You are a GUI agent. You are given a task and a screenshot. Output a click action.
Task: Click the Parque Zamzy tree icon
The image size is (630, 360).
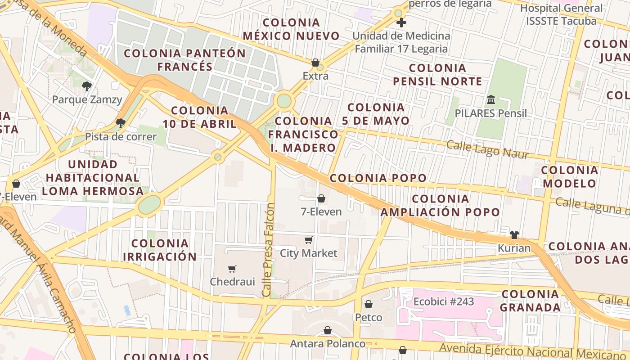pyautogui.click(x=86, y=85)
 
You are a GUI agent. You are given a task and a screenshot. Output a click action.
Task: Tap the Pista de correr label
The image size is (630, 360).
pyautogui.click(x=121, y=137)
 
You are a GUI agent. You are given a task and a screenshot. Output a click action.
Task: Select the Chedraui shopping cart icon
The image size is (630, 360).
pyautogui.click(x=232, y=269)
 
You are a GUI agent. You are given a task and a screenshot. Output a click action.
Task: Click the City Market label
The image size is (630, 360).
pyautogui.click(x=308, y=253)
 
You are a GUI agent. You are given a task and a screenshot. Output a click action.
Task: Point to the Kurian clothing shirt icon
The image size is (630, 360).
pyautogui.click(x=514, y=234)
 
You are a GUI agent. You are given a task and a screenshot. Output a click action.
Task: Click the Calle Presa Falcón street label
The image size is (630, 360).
pyautogui.click(x=269, y=250)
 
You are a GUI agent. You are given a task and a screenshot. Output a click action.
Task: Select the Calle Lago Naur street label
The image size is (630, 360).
pyautogui.click(x=487, y=149)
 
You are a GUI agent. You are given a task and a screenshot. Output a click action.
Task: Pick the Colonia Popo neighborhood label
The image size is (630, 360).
pyautogui.click(x=378, y=178)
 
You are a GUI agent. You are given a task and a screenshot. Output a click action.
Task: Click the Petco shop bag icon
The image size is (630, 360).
pyautogui.click(x=369, y=304)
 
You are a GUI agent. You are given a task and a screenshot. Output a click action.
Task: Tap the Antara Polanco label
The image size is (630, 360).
pyautogui.click(x=328, y=344)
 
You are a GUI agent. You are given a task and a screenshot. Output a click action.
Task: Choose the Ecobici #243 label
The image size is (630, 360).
pyautogui.click(x=443, y=301)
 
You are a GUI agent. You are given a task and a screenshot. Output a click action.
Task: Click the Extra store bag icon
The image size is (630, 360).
pyautogui.click(x=315, y=63)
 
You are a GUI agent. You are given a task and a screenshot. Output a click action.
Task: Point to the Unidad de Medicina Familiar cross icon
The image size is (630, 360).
pyautogui.click(x=401, y=22)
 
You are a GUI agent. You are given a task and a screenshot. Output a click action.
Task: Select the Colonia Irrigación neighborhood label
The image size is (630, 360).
pyautogui.click(x=160, y=250)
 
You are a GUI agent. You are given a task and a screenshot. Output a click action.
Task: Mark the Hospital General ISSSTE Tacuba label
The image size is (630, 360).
pyautogui.click(x=561, y=14)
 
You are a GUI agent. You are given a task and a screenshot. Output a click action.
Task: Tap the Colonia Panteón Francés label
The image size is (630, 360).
pyautogui.click(x=184, y=60)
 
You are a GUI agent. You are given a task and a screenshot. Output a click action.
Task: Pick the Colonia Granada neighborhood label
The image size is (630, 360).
pyautogui.click(x=530, y=301)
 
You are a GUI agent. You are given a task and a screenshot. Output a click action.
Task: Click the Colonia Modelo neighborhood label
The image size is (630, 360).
pyautogui.click(x=569, y=177)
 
